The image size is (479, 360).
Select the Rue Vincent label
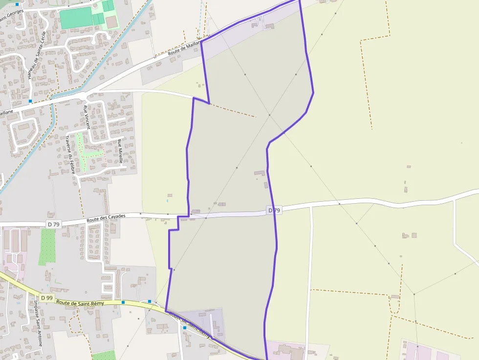[87, 117]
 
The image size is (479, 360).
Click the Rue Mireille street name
[119, 150]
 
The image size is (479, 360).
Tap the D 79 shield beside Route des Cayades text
[54, 224]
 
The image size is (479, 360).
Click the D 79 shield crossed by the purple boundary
[274, 211]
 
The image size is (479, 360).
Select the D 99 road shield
[46, 297]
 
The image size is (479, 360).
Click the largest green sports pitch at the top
[75, 18]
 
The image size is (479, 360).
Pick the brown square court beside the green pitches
[112, 21]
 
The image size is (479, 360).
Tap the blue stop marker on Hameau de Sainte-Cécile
[30, 101]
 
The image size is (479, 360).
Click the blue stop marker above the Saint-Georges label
[17, 4]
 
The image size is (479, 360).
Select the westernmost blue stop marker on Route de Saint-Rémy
[123, 302]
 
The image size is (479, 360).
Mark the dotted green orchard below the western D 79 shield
[47, 246]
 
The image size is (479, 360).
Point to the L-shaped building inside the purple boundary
[260, 173]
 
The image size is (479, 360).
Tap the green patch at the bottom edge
[104, 355]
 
